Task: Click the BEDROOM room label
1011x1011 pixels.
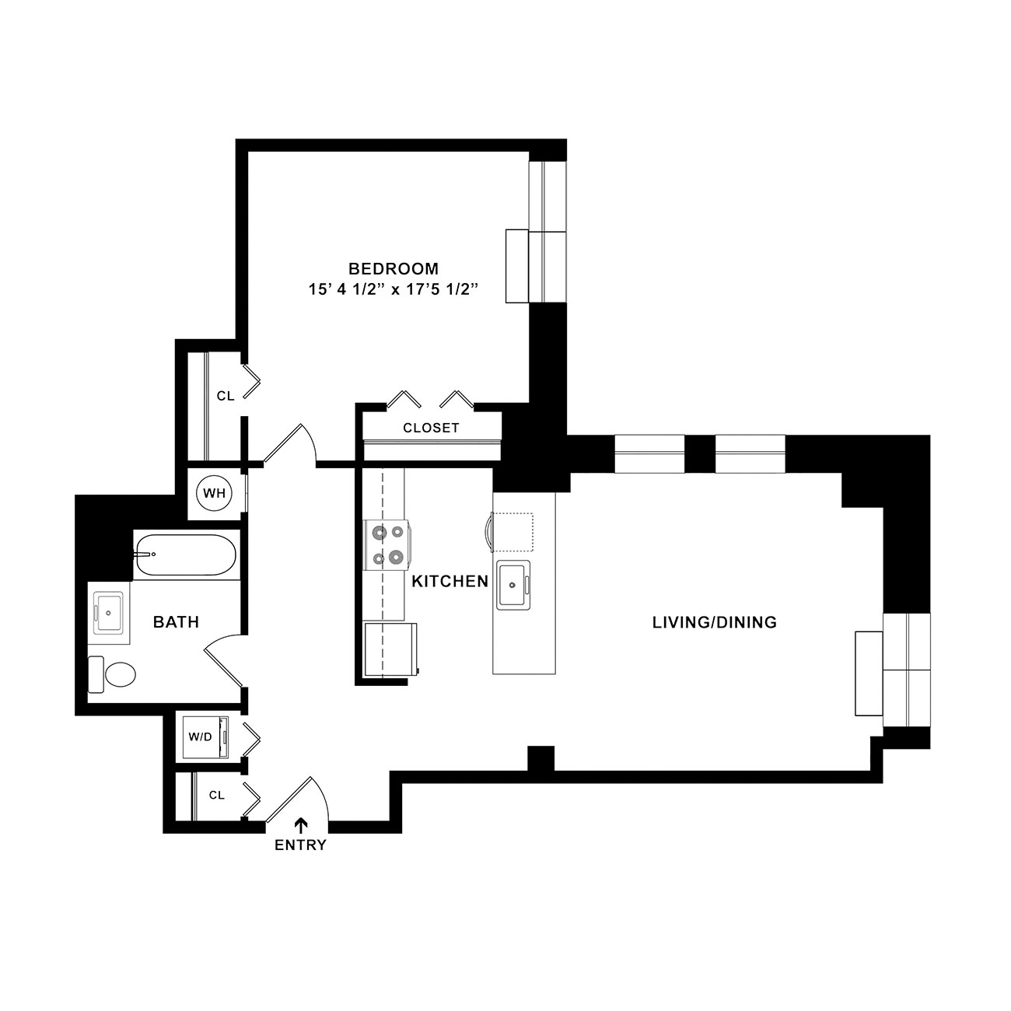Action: coord(394,268)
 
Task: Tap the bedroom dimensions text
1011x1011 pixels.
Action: coord(394,289)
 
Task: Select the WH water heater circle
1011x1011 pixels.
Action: coord(214,492)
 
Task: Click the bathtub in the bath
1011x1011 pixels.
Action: coord(186,555)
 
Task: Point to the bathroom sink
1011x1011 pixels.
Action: coord(108,613)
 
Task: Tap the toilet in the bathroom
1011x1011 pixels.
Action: coord(112,673)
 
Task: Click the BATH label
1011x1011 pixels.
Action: coord(177,622)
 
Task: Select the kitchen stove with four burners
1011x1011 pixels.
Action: coord(387,544)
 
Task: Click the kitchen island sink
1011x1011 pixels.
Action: coord(513,586)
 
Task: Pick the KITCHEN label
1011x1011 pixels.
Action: coord(450,581)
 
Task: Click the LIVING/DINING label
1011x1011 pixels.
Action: coord(715,622)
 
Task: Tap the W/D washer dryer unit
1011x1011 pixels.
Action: coord(205,736)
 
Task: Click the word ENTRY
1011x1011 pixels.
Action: coord(301,845)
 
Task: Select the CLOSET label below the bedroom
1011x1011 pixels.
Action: coord(432,428)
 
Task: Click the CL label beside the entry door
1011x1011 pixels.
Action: coord(217,796)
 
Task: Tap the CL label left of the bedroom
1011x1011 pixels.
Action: coord(226,396)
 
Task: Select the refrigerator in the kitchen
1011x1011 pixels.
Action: coord(391,649)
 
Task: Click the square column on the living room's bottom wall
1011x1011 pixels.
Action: coord(540,758)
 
